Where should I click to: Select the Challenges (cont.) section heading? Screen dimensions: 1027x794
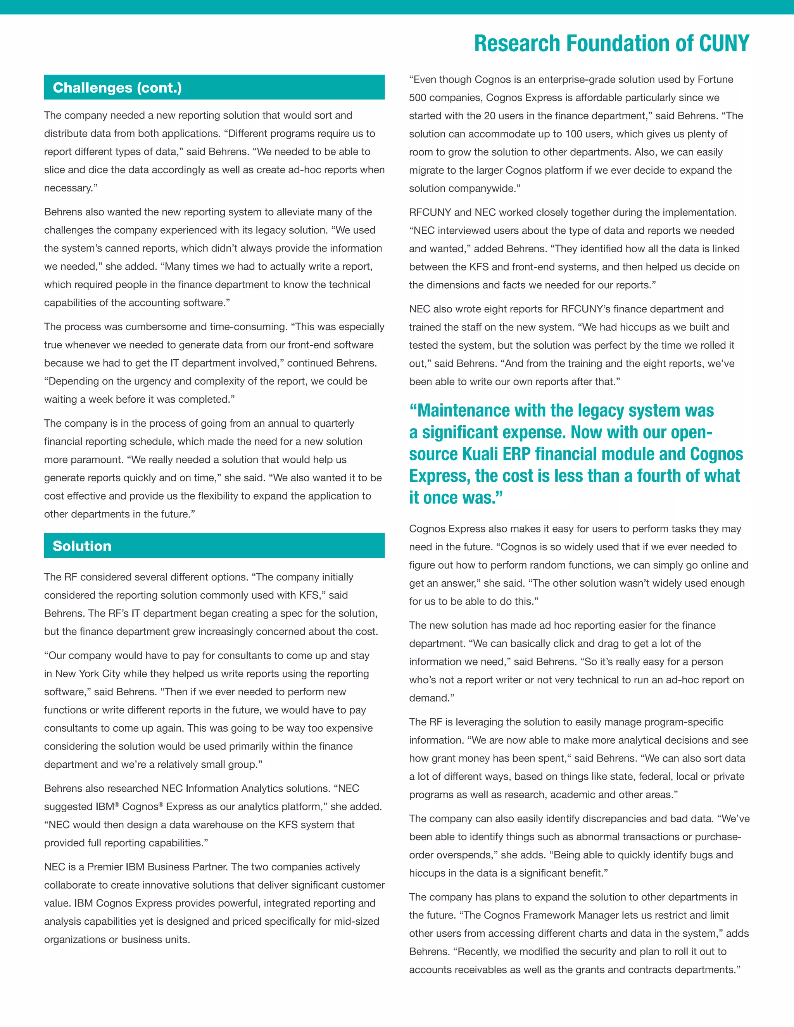tap(117, 88)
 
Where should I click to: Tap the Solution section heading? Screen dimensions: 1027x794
tap(82, 546)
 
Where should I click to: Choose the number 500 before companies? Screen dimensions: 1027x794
tap(418, 98)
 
